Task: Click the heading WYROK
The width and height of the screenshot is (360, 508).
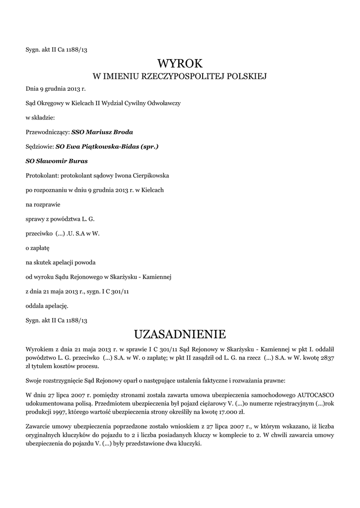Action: click(180, 63)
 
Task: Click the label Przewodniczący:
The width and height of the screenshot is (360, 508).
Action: click(48, 132)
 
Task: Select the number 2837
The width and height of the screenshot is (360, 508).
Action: click(327, 359)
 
